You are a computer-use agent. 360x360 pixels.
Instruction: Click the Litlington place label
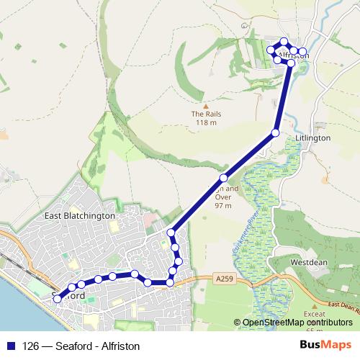point(312,138)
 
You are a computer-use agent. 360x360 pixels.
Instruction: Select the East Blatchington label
point(79,215)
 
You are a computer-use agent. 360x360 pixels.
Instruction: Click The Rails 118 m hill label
point(206,118)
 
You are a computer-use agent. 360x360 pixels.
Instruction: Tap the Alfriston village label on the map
point(294,55)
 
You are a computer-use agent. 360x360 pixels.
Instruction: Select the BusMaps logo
point(326,345)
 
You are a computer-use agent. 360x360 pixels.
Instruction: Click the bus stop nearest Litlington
point(275,132)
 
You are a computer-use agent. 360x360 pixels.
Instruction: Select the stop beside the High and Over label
point(224,177)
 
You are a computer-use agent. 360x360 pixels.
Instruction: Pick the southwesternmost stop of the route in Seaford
point(58,298)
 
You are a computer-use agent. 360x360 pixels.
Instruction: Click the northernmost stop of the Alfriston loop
point(284,42)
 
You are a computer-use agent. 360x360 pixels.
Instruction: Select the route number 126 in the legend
point(31,346)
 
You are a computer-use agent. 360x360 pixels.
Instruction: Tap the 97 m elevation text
point(222,205)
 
